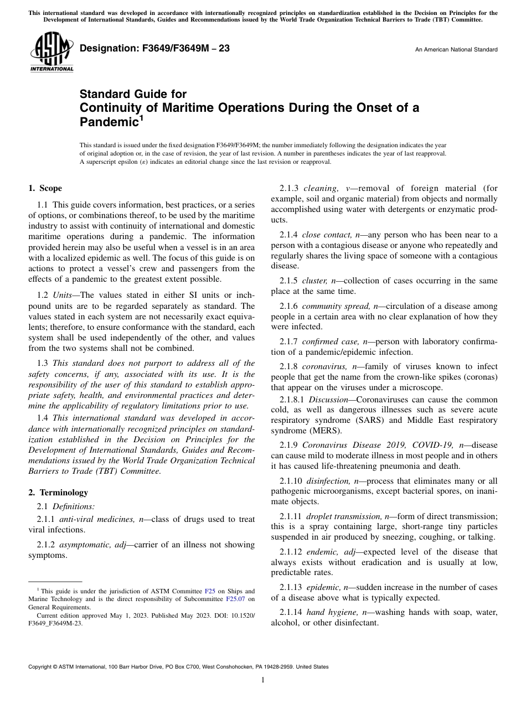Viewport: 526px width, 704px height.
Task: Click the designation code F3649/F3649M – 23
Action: click(x=154, y=49)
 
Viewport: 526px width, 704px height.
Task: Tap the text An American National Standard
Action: click(x=456, y=50)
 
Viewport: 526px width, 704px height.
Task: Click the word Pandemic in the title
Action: click(x=108, y=121)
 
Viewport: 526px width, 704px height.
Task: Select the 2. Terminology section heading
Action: click(x=58, y=492)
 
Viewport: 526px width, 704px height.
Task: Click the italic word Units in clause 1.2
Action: click(x=65, y=296)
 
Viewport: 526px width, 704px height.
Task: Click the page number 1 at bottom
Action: click(x=263, y=680)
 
